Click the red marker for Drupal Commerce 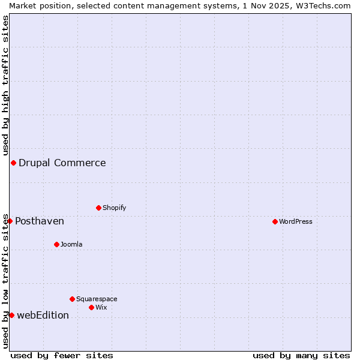(13, 163)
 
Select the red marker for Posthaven (10, 221)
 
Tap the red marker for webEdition (11, 316)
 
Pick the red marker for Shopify (99, 208)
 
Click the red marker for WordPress (275, 222)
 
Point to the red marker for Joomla (57, 245)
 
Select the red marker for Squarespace (73, 299)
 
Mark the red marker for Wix (92, 308)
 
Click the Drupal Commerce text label (62, 163)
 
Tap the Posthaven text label (40, 221)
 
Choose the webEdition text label (43, 316)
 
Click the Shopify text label (115, 208)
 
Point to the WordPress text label (296, 222)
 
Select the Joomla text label (71, 245)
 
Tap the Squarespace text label (97, 299)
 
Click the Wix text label (101, 308)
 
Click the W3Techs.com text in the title (321, 5)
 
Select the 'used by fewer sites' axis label (62, 356)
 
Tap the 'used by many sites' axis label (301, 356)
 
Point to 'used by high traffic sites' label (5, 85)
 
